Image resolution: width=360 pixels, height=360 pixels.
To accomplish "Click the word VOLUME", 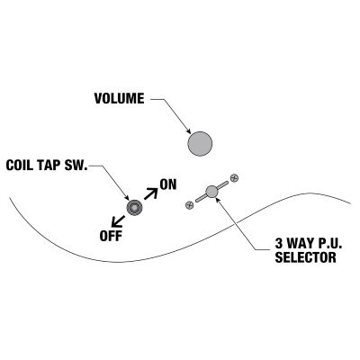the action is point(120,99).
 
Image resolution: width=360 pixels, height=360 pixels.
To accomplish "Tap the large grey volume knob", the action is point(200,144).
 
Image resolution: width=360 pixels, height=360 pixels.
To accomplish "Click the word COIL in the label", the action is point(18,166).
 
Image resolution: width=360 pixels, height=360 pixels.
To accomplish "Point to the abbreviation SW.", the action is point(76,166).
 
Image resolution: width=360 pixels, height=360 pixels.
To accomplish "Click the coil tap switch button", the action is point(134,207).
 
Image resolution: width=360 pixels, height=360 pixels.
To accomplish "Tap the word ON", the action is point(168,184).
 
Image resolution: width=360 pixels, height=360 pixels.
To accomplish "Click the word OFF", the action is point(111,236).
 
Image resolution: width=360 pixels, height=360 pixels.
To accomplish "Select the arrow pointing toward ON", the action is point(151,193).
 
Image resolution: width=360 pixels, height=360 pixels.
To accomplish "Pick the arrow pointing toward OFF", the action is point(118,221).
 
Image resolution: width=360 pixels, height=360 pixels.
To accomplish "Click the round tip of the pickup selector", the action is point(211,192).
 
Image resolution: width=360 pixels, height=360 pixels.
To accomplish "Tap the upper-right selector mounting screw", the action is point(234,178).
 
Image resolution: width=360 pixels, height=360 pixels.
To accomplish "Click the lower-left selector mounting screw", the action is point(189,205).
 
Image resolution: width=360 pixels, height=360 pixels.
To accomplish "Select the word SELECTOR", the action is point(305,257).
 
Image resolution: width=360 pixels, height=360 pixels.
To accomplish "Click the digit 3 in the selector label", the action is point(279,244).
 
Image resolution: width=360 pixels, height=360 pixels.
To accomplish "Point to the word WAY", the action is point(301,244).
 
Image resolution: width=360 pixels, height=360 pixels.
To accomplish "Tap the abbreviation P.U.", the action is point(330,244).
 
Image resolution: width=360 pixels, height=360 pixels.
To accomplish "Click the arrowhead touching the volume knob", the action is point(188,130).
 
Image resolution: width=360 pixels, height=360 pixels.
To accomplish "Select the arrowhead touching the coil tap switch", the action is point(127,198).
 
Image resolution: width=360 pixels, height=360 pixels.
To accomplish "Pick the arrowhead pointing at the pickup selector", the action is point(218,200).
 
